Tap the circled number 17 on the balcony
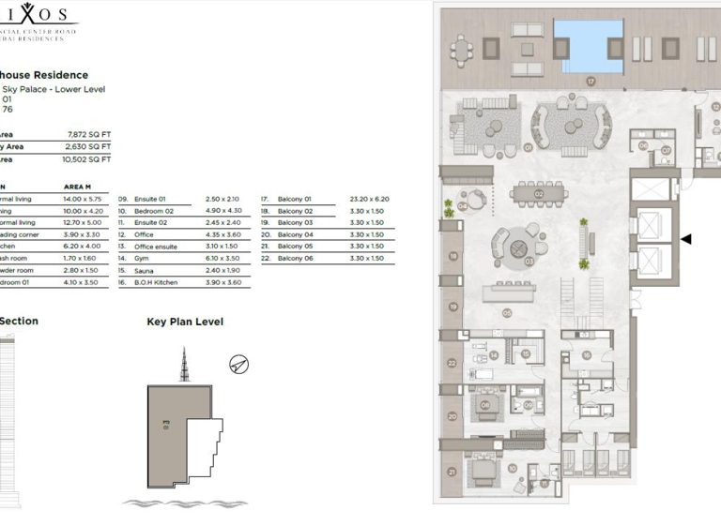click(x=591, y=82)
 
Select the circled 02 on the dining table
click(x=540, y=194)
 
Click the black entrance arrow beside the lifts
click(x=685, y=239)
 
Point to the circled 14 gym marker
click(x=493, y=354)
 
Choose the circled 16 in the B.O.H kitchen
click(x=586, y=354)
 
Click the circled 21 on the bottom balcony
click(x=452, y=472)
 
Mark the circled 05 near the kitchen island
click(x=507, y=312)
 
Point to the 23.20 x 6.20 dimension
click(x=370, y=200)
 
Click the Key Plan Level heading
click(x=185, y=322)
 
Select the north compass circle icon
click(x=239, y=364)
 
